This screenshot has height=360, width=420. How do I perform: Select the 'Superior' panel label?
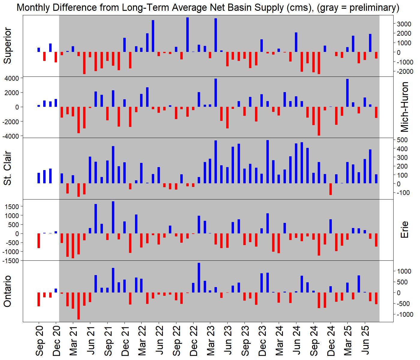click(7, 46)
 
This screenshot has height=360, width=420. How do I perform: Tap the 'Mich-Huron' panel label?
click(405, 107)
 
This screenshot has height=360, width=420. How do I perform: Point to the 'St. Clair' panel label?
click(7, 168)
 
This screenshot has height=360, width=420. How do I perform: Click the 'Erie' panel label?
click(405, 230)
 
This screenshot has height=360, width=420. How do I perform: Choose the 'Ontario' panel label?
click(7, 291)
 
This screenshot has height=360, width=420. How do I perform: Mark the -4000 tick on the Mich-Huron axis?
click(11, 136)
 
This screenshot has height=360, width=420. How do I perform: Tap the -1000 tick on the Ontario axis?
click(403, 314)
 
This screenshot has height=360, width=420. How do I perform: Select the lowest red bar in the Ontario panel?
click(79, 306)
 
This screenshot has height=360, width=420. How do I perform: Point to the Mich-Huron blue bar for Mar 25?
click(347, 93)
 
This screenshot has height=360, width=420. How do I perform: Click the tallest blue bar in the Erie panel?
click(113, 217)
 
